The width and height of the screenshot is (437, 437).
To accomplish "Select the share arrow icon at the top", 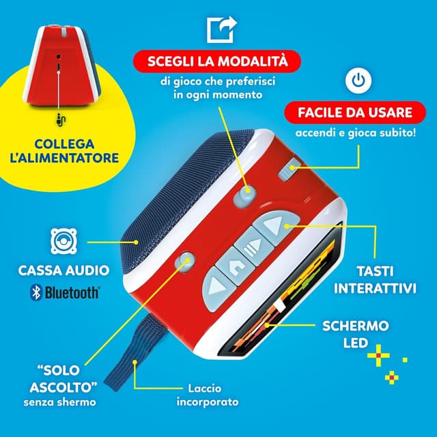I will click(x=220, y=29).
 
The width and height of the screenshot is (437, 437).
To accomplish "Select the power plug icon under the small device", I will click(x=60, y=120).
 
